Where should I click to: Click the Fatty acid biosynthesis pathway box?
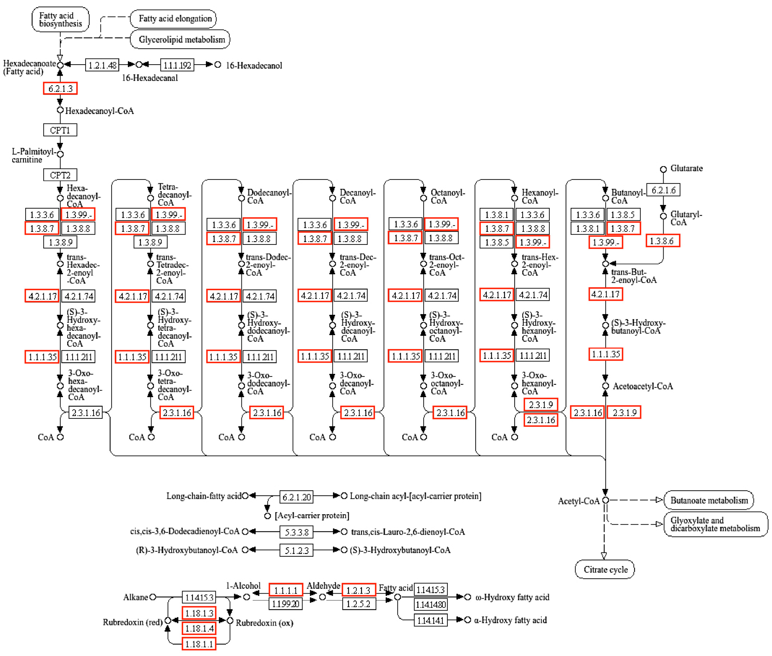point(60,19)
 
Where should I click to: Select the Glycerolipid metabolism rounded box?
point(180,39)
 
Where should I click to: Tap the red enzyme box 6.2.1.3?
point(60,88)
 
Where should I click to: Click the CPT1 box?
point(60,130)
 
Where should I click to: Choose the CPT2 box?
point(60,175)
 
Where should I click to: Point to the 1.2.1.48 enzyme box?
point(102,65)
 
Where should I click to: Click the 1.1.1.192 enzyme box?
point(177,65)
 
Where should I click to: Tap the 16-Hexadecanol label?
point(254,66)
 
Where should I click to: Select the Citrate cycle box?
point(605,569)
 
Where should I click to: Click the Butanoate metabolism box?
point(708,500)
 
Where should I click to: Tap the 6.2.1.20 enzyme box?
point(296,497)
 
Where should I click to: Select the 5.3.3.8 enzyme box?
point(296,532)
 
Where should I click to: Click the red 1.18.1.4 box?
point(199,629)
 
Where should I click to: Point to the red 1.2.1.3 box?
point(359,590)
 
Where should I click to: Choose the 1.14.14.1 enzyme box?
point(430,620)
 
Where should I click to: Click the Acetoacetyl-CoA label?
point(643,386)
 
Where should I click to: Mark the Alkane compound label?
point(136,597)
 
